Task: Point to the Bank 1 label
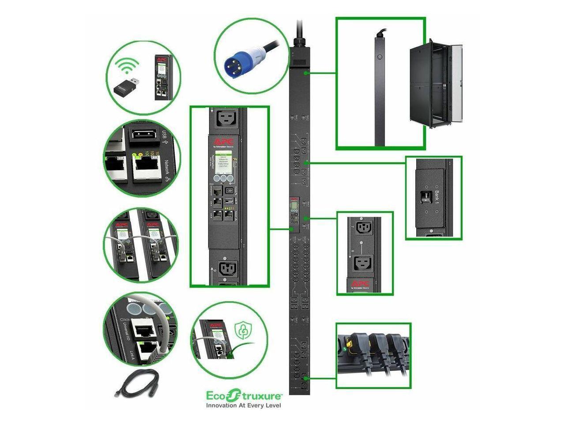pyautogui.click(x=437, y=195)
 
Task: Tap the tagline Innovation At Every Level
pyautogui.click(x=244, y=405)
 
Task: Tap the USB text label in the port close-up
pyautogui.click(x=166, y=134)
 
